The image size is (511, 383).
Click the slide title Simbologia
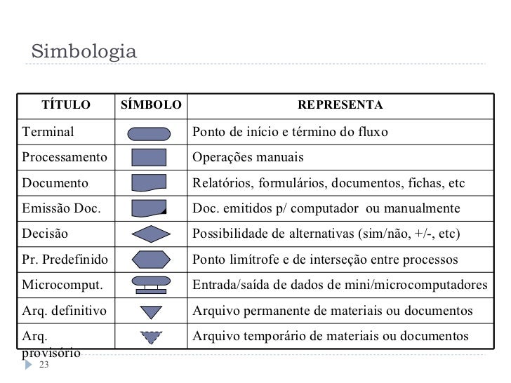tap(84, 52)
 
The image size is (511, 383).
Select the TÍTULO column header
tap(67, 105)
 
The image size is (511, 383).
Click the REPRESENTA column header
tap(340, 105)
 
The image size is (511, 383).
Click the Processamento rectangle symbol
tap(150, 157)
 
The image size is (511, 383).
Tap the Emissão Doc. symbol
tap(150, 208)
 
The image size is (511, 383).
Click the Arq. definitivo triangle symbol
tap(151, 311)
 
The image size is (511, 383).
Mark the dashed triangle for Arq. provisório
tap(151, 337)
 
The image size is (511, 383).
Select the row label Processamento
tap(65, 157)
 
